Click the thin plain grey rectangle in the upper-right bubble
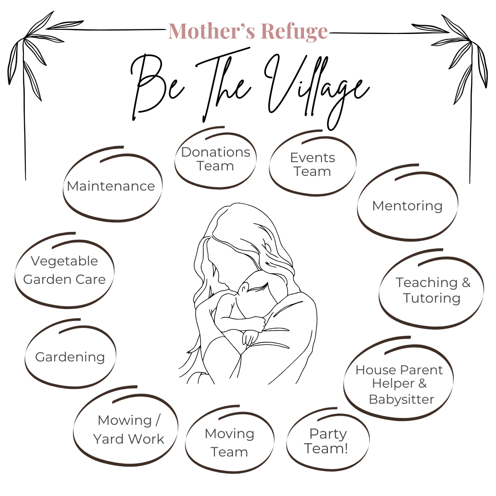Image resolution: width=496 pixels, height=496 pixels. pyautogui.click(x=407, y=210)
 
